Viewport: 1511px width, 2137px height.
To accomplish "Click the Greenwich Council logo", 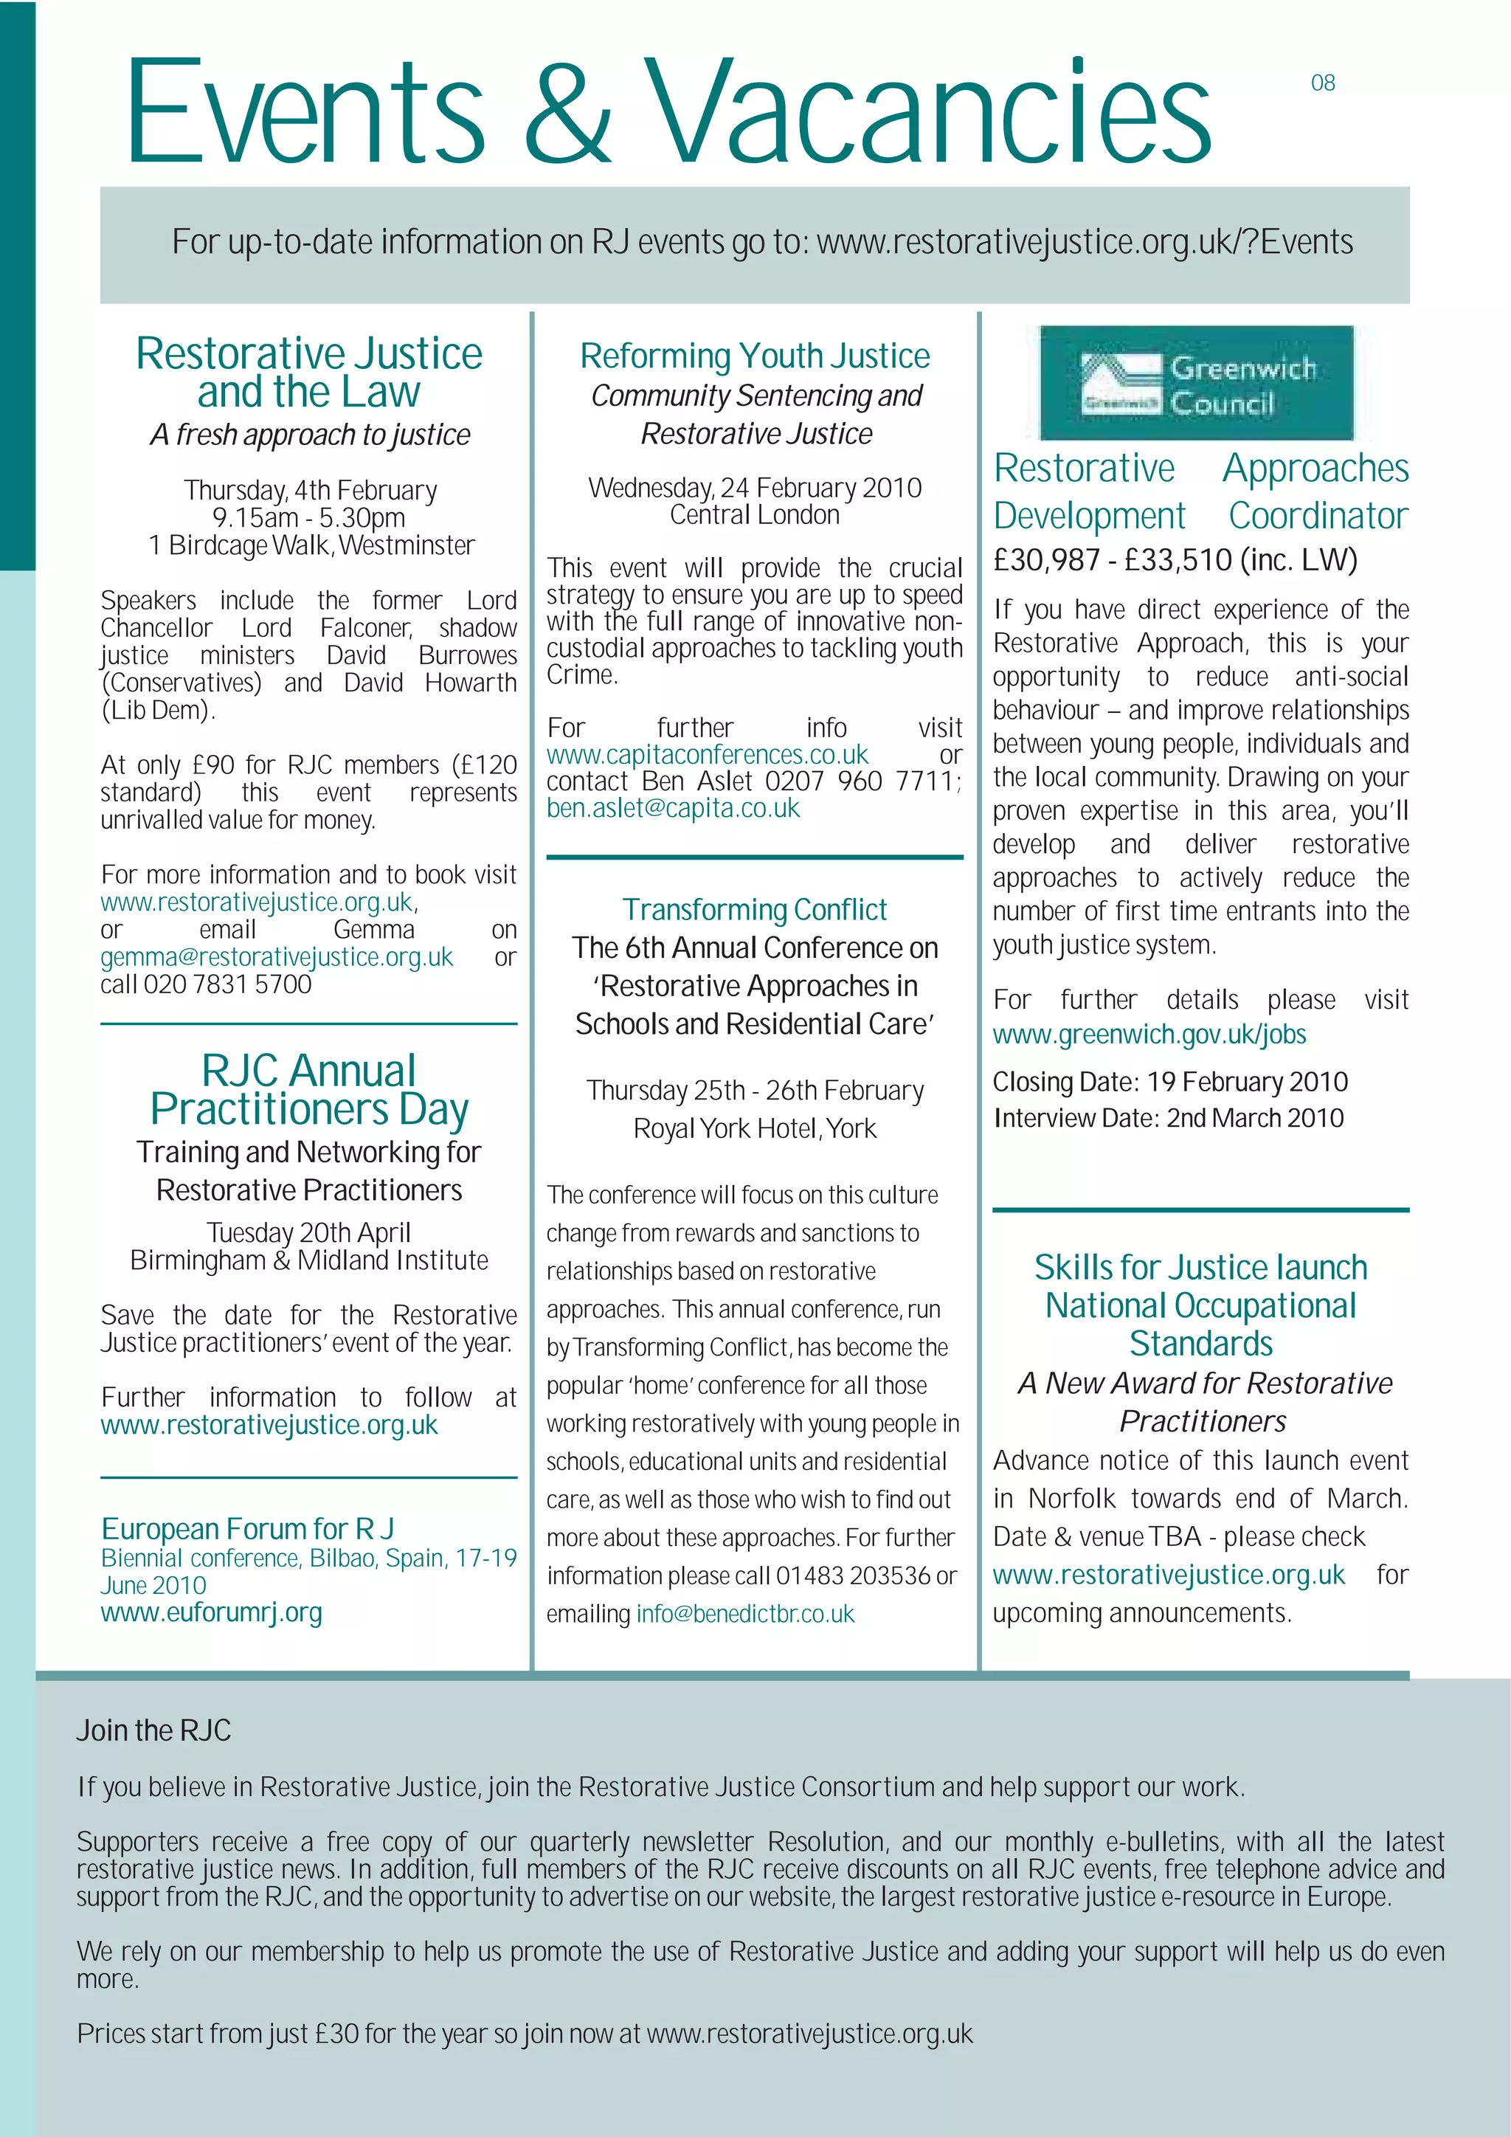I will (1197, 382).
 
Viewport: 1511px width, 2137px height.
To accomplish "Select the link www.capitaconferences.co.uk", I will (706, 755).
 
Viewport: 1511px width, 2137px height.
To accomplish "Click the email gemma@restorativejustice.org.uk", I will (277, 958).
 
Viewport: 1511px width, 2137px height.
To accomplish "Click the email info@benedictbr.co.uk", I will (744, 1614).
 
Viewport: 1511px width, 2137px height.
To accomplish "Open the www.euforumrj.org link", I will (211, 1613).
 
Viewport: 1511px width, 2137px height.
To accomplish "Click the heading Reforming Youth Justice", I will (755, 356).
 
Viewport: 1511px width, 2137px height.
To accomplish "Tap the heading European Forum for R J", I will (247, 1529).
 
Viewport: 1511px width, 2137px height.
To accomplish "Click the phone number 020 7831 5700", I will (227, 984).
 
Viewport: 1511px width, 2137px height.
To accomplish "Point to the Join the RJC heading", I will (153, 1731).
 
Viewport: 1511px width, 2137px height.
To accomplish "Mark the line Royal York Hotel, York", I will (755, 1129).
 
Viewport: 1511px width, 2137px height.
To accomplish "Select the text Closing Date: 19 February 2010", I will (1169, 1083).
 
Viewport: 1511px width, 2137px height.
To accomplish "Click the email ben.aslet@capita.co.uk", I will (673, 809).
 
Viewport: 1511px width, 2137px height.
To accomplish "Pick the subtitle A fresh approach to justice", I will (310, 435).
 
